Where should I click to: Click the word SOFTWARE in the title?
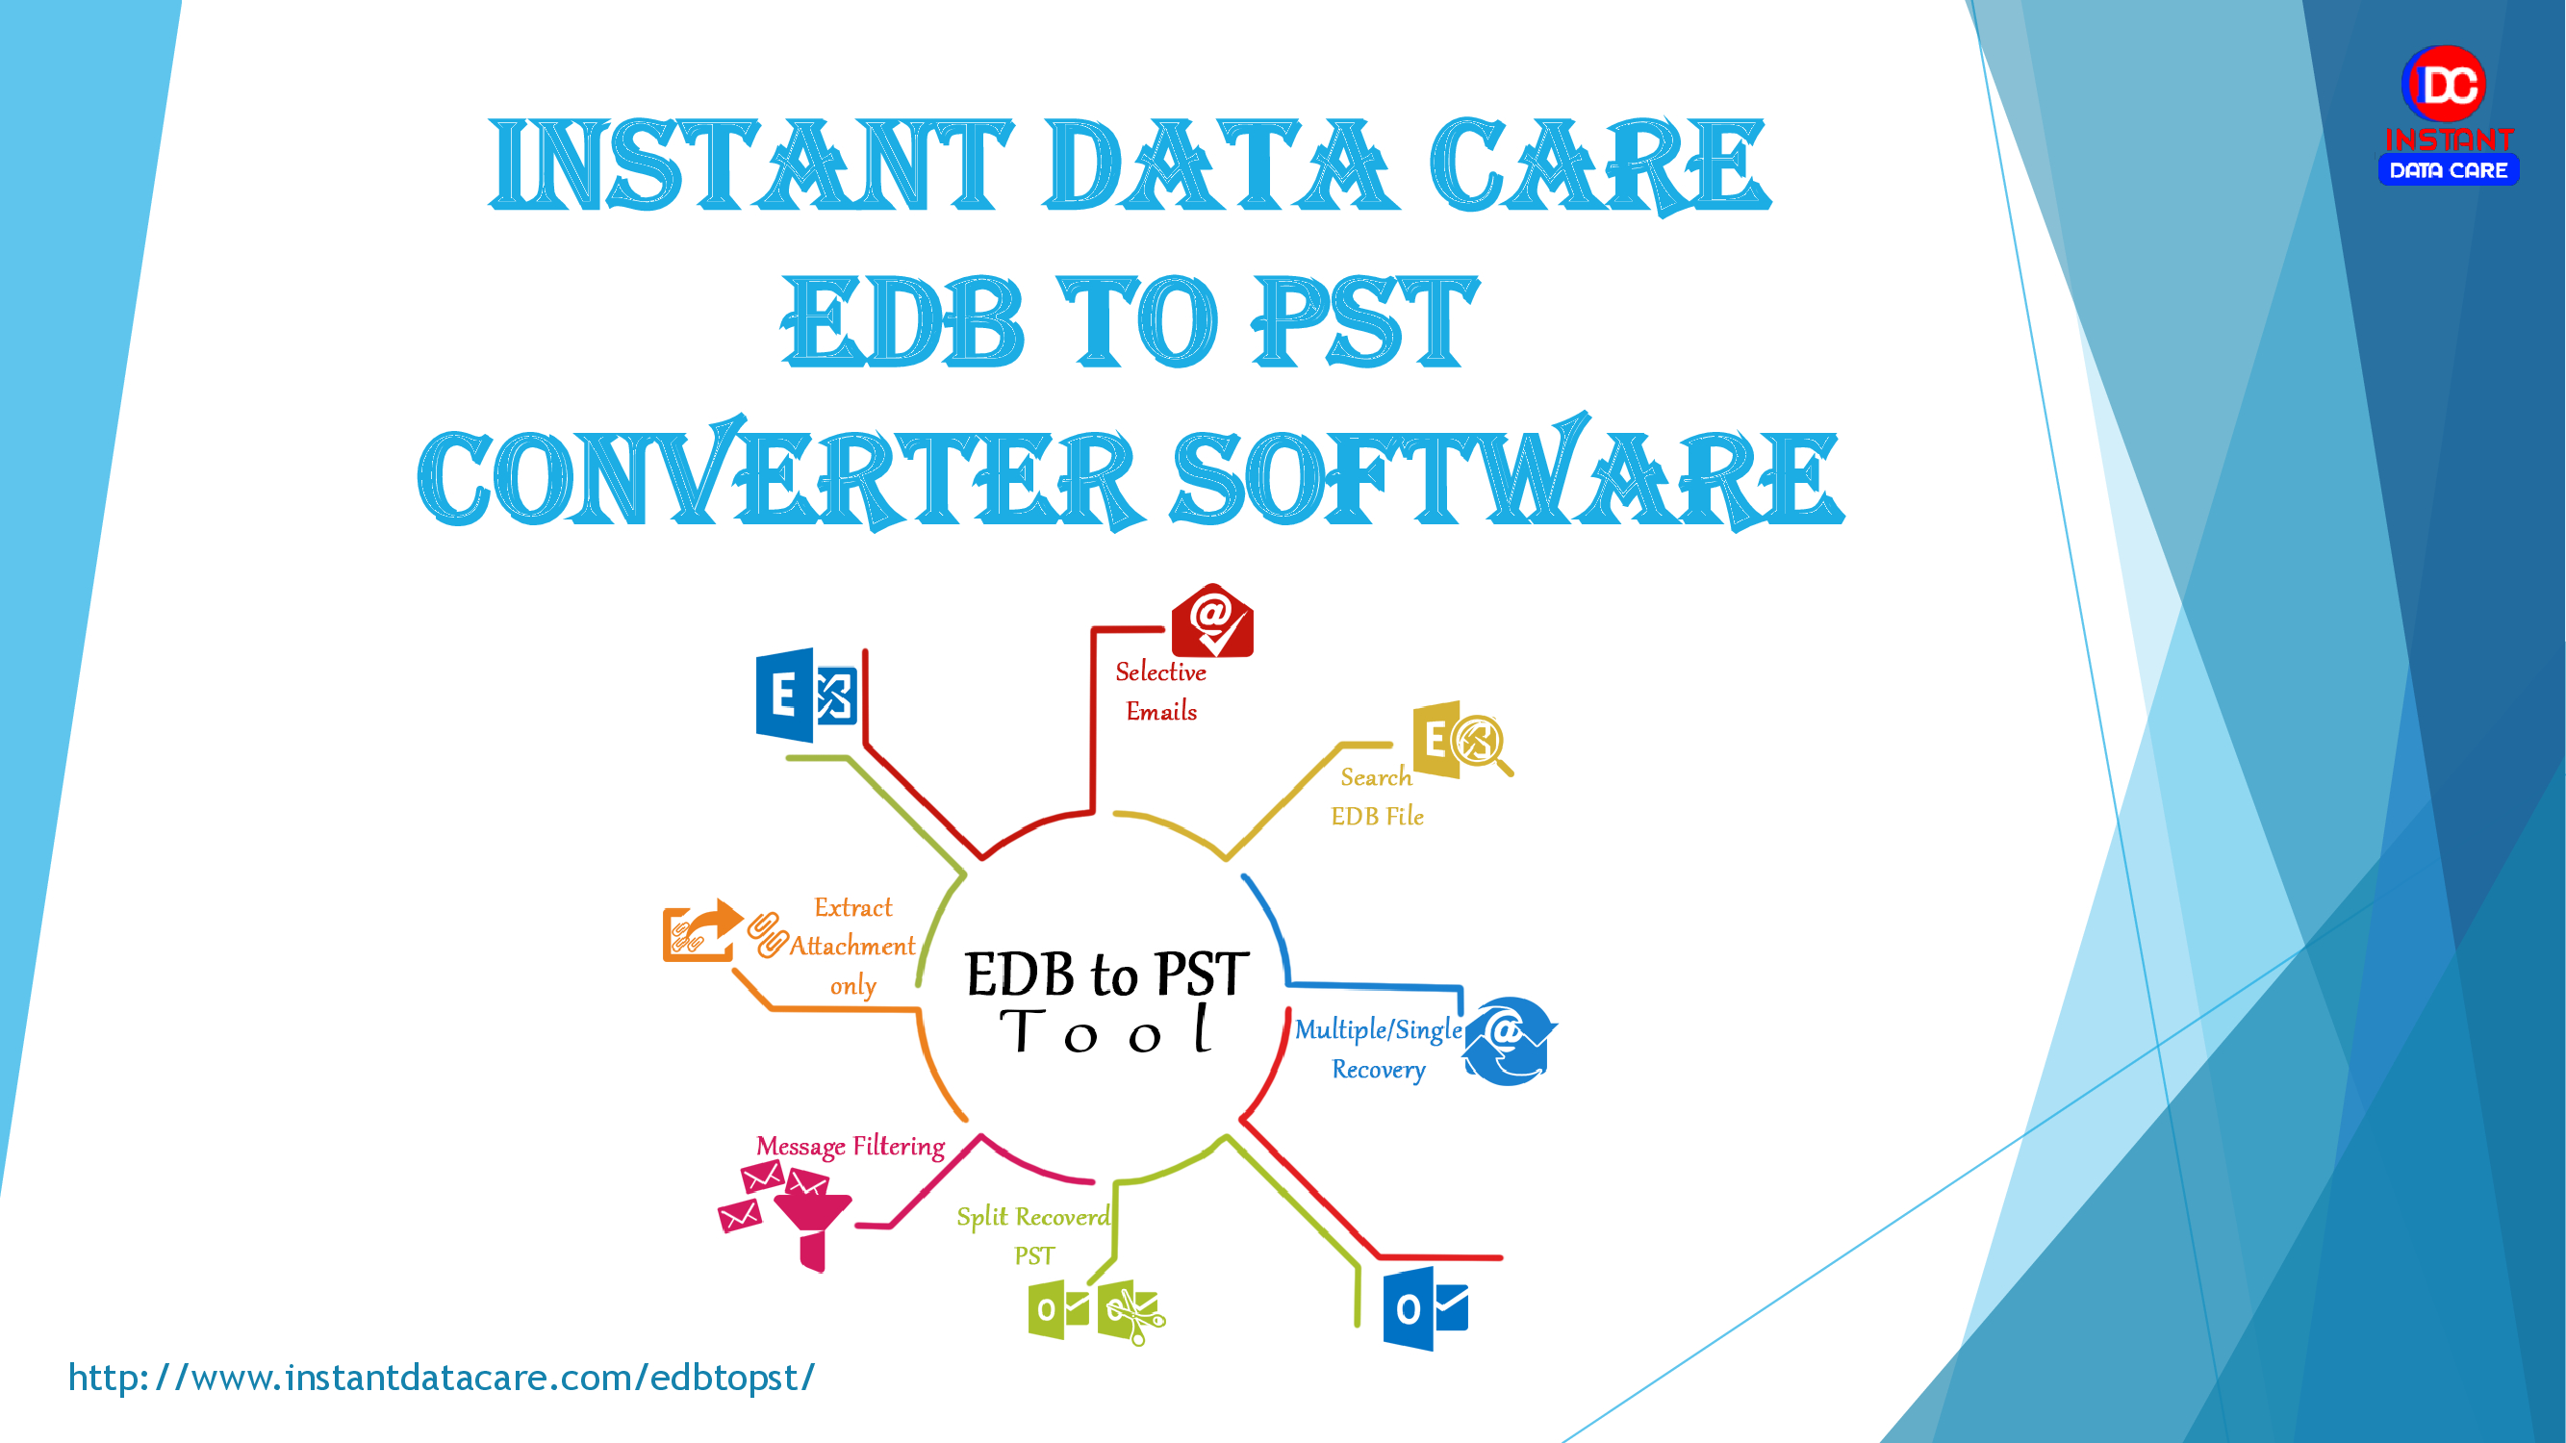[1506, 476]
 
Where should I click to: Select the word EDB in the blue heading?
[902, 321]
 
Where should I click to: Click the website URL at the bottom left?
[442, 1378]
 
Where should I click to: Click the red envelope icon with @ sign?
[1211, 621]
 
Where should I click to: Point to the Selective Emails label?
[1160, 691]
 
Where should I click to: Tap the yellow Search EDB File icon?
[1461, 739]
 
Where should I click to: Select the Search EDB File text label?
[1378, 796]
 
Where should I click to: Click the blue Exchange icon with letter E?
[807, 696]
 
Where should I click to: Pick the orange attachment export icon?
[701, 930]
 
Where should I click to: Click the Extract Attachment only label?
[852, 946]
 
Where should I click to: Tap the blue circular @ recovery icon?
[1510, 1041]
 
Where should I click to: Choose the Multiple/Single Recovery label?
[1379, 1049]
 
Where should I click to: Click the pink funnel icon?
[812, 1226]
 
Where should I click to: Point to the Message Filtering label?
[850, 1147]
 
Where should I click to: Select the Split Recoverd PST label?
[1034, 1235]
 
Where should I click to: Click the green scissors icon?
[1132, 1311]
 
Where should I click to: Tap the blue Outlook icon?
[1426, 1308]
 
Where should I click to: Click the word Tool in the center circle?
[1105, 1030]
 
